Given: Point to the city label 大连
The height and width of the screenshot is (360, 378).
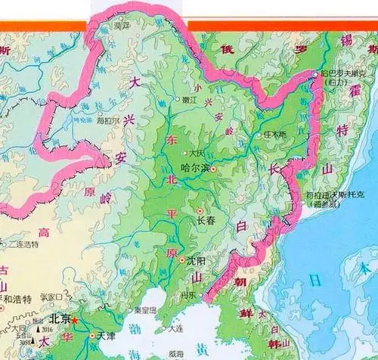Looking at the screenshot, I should point(176,328).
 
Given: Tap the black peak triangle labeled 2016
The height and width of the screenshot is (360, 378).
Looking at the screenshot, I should point(39,330).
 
